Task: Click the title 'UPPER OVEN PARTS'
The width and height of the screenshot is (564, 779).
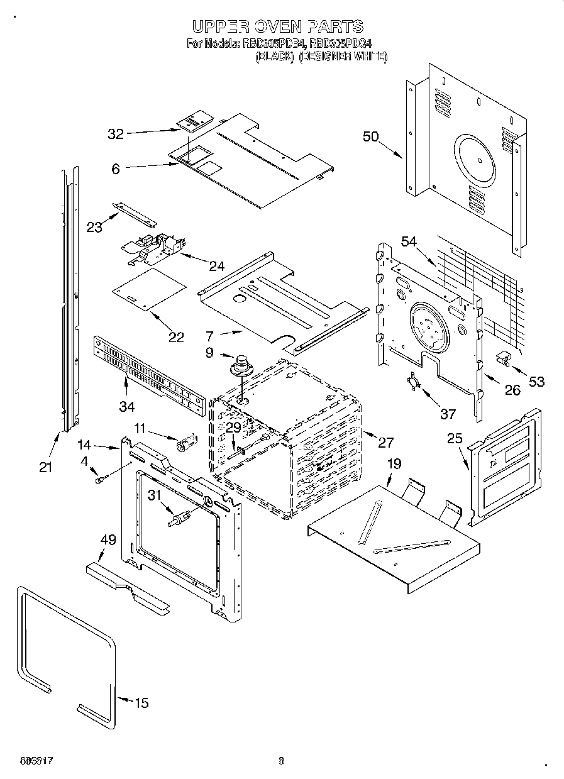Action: (x=277, y=26)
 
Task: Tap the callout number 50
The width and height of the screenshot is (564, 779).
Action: (x=370, y=136)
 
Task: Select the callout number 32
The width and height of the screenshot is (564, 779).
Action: (x=116, y=134)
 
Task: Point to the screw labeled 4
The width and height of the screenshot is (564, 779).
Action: (x=99, y=480)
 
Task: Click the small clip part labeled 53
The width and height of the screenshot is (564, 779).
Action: (x=503, y=358)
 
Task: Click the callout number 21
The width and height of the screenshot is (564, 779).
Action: (x=45, y=467)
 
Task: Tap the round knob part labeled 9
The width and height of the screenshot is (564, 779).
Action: (x=240, y=365)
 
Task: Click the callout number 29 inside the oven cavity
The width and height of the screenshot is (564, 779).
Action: (x=233, y=428)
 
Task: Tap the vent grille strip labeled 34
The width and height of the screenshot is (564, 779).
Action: (x=148, y=377)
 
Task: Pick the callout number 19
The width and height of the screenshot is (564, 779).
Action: (x=394, y=465)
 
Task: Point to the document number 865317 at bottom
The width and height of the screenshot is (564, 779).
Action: (x=31, y=761)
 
